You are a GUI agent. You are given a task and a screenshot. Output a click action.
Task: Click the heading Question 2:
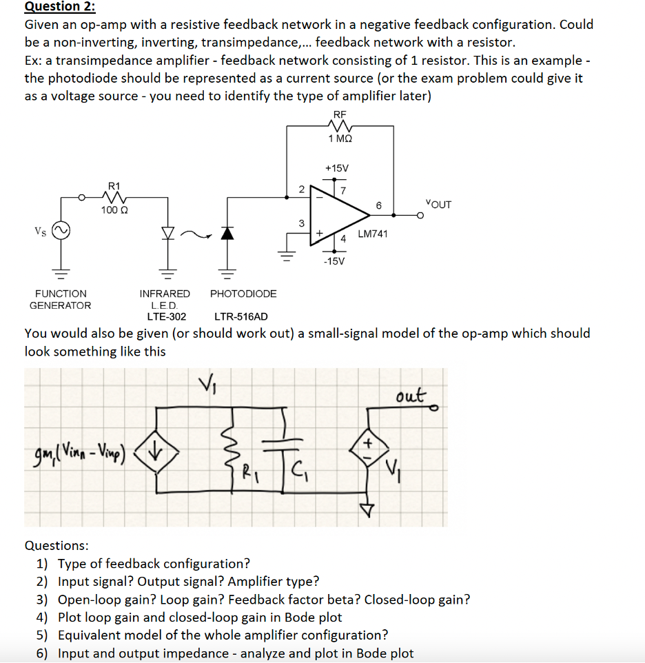pyautogui.click(x=60, y=7)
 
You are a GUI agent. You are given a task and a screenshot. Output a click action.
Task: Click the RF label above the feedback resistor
pyautogui.click(x=340, y=114)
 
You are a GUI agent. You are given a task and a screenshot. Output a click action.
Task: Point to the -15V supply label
pyautogui.click(x=336, y=261)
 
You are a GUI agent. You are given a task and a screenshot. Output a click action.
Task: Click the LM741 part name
pyautogui.click(x=373, y=234)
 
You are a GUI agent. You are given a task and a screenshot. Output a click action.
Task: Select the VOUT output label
pyautogui.click(x=438, y=204)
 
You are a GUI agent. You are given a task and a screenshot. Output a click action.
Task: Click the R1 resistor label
pyautogui.click(x=114, y=185)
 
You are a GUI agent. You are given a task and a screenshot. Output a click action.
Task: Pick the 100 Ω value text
pyautogui.click(x=113, y=210)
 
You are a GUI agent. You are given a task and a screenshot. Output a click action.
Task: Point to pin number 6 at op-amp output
pyautogui.click(x=378, y=205)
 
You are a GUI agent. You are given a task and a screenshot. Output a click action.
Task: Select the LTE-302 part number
pyautogui.click(x=166, y=316)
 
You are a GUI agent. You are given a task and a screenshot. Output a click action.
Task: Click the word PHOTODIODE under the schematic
pyautogui.click(x=243, y=294)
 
